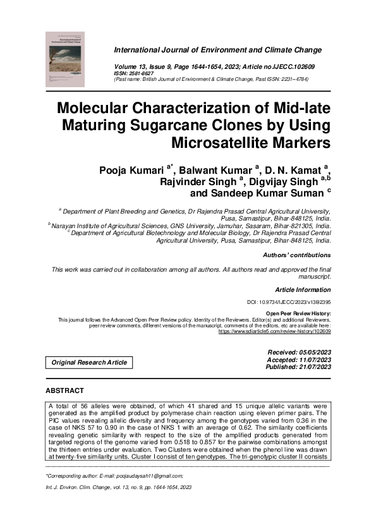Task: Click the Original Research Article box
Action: click(89, 363)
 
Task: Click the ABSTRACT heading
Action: click(64, 391)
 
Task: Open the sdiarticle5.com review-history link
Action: click(274, 331)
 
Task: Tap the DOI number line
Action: click(288, 303)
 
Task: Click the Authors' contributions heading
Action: click(296, 255)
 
